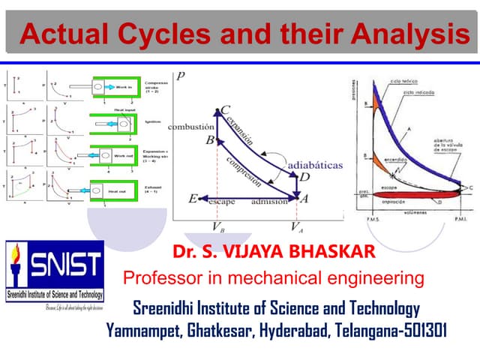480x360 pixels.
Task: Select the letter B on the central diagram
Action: [211, 140]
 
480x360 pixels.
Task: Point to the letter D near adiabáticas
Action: [305, 177]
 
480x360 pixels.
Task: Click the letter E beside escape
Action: [193, 199]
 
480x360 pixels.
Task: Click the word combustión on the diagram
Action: [192, 127]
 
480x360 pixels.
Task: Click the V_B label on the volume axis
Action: [217, 226]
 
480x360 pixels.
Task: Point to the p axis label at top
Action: [181, 76]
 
